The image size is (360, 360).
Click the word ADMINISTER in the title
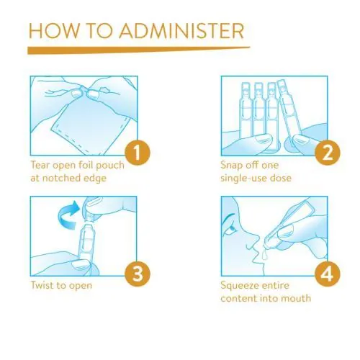coord(181,31)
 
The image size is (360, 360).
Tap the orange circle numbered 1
coord(138,153)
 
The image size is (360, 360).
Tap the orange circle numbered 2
coord(328,153)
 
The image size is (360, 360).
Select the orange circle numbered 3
coord(138,274)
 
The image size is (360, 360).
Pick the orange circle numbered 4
coord(328,274)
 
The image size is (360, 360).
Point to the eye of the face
coord(231,230)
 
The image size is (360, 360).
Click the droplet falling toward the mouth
coord(264,255)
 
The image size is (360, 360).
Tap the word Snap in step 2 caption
coord(231,166)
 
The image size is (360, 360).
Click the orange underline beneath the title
coord(139,50)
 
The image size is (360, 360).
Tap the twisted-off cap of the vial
coord(91,207)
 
